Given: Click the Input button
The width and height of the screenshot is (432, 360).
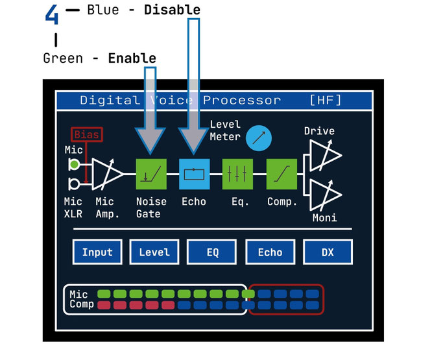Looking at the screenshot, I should [x=97, y=252].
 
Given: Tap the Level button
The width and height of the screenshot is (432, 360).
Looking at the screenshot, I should [x=154, y=252].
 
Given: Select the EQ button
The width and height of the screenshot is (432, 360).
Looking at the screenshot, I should [x=212, y=252].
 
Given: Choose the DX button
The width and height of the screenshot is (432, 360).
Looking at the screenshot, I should [x=328, y=252].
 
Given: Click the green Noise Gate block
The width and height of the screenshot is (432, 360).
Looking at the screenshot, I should [x=152, y=174].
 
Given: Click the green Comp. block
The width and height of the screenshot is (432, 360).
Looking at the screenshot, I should [x=282, y=174].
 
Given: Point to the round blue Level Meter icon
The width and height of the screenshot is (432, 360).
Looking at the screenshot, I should [x=258, y=138].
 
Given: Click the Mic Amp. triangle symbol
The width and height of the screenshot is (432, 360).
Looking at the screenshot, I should [x=105, y=174].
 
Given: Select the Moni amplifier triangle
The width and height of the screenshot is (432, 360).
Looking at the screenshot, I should [x=324, y=195].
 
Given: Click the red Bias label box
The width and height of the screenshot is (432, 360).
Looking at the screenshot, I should [x=86, y=135].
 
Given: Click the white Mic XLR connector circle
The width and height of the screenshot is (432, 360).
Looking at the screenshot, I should [x=74, y=183].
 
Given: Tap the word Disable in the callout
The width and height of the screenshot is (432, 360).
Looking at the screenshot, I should [x=172, y=10].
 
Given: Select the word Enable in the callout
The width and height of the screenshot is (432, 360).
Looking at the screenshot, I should [x=132, y=58].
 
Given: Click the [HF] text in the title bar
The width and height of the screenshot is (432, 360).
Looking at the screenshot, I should [x=326, y=100].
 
